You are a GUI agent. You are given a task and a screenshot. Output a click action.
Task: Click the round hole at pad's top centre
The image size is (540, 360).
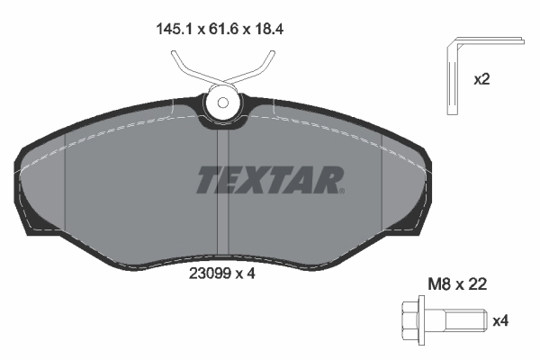220,103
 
